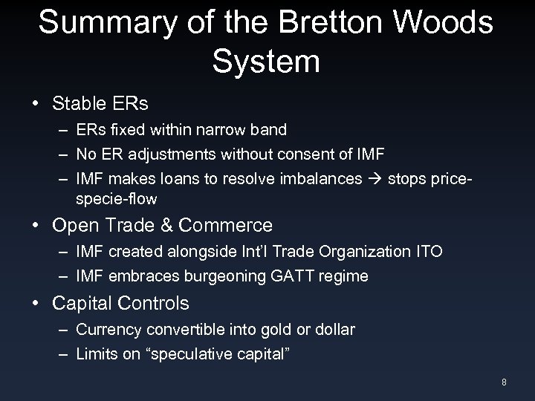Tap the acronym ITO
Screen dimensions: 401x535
pyautogui.click(x=427, y=251)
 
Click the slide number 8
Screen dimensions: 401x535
pyautogui.click(x=504, y=382)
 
